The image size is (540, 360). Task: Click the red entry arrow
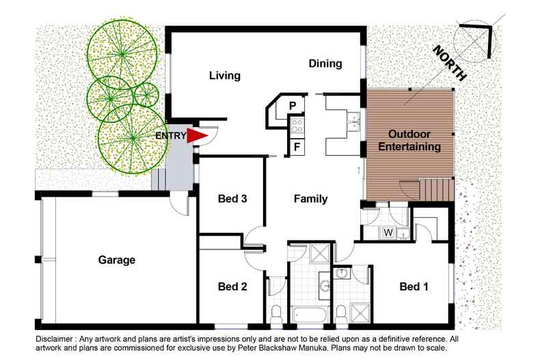(197, 135)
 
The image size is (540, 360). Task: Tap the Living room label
(224, 75)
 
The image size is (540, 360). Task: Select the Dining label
(325, 64)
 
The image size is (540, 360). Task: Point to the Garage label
(116, 260)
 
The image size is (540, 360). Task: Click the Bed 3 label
(232, 199)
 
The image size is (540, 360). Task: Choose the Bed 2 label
(232, 286)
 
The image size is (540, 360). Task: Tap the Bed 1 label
(414, 286)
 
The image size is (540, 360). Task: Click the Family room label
(310, 199)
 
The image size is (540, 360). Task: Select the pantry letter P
(293, 106)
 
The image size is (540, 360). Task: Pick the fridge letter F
(297, 148)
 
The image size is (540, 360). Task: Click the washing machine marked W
(388, 233)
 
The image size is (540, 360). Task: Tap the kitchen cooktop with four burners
(297, 126)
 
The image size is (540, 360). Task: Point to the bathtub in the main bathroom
(308, 314)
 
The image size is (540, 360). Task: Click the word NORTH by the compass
(450, 63)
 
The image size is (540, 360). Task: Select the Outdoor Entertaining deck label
(409, 141)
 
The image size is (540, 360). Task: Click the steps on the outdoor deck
(436, 189)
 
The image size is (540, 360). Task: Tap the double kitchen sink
(353, 122)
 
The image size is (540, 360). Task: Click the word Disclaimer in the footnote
(55, 339)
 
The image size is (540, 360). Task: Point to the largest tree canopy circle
(133, 139)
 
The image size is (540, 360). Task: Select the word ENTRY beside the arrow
(171, 136)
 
